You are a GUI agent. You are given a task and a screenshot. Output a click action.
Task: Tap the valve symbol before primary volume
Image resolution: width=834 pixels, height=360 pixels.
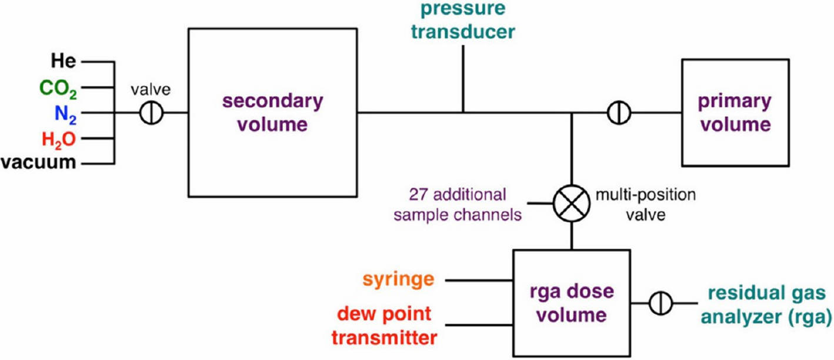pyautogui.click(x=618, y=112)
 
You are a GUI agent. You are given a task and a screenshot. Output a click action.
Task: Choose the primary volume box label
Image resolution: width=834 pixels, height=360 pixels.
pyautogui.click(x=734, y=112)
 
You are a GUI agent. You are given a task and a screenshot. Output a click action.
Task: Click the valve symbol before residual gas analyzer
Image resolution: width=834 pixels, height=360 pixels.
pyautogui.click(x=661, y=304)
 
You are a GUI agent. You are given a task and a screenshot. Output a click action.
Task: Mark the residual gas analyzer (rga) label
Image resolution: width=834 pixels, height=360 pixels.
pyautogui.click(x=769, y=304)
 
